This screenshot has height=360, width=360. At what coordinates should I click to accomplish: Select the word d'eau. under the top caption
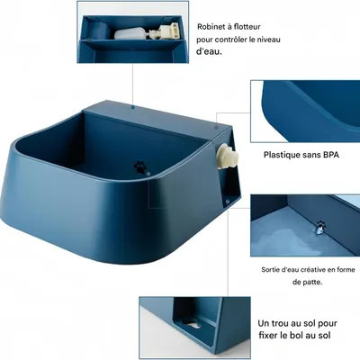coord(209,51)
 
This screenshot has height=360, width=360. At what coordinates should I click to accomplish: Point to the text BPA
coord(331,155)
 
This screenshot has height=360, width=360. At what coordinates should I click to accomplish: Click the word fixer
coord(268,335)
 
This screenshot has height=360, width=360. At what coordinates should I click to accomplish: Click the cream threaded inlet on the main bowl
coord(227,156)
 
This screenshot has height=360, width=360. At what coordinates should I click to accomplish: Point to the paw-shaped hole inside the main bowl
coord(139,166)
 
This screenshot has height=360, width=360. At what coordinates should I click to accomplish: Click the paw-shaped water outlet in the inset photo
coord(320,227)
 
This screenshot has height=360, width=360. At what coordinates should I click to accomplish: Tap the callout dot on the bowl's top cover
coord(133,107)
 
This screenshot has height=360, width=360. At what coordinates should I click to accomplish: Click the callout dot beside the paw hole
coord(148,173)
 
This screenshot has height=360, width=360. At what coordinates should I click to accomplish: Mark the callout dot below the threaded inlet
coord(228,202)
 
